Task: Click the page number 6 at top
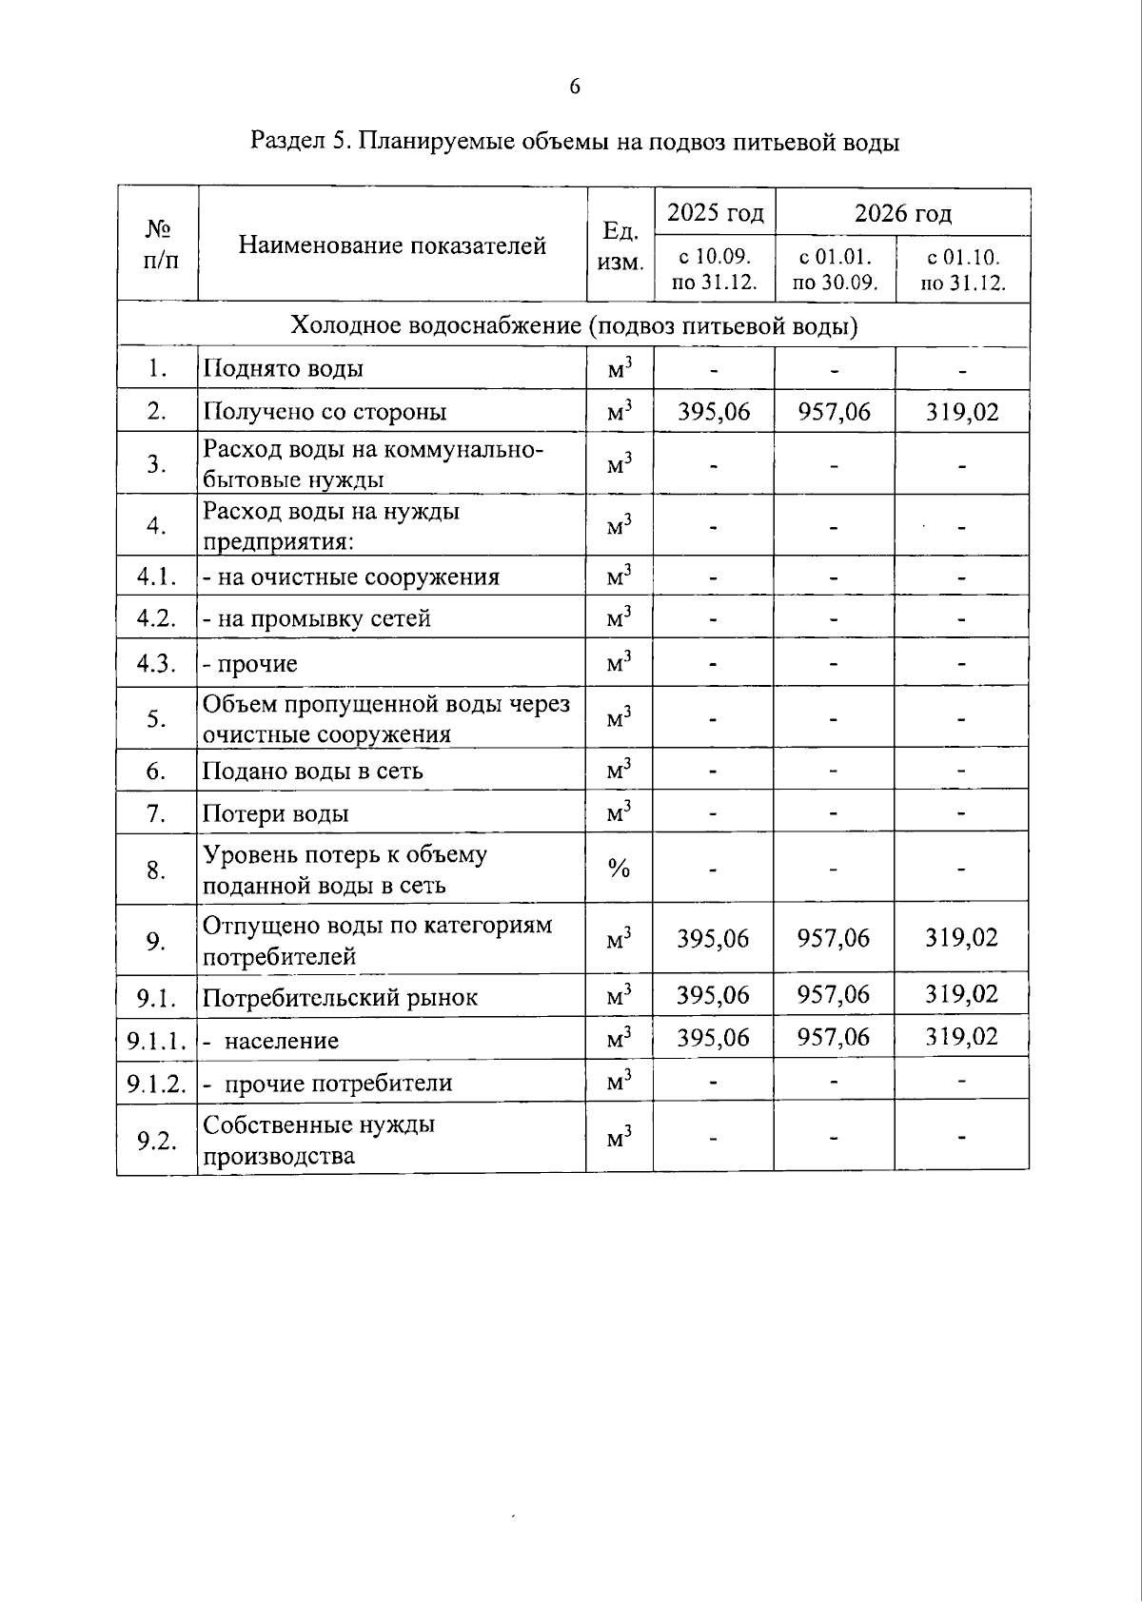pyautogui.click(x=575, y=88)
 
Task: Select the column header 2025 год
pyautogui.click(x=715, y=212)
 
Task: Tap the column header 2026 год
pyautogui.click(x=902, y=213)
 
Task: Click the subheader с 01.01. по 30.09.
pyautogui.click(x=835, y=269)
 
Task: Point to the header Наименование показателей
pyautogui.click(x=392, y=245)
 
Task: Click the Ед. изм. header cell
pyautogui.click(x=620, y=245)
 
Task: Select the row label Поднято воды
pyautogui.click(x=284, y=368)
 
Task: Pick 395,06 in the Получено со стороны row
pyautogui.click(x=714, y=411)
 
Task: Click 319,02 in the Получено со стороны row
pyautogui.click(x=962, y=411)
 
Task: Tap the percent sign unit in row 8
pyautogui.click(x=620, y=868)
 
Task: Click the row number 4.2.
pyautogui.click(x=157, y=616)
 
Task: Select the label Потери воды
pyautogui.click(x=276, y=813)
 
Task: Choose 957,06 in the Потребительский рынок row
pyautogui.click(x=834, y=994)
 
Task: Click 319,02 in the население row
pyautogui.click(x=962, y=1036)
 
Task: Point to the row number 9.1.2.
pyautogui.click(x=157, y=1083)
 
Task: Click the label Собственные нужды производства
pyautogui.click(x=319, y=1140)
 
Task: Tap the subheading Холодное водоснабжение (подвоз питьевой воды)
pyautogui.click(x=574, y=325)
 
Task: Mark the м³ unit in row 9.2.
pyautogui.click(x=620, y=1137)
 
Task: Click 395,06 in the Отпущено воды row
pyautogui.click(x=714, y=939)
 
